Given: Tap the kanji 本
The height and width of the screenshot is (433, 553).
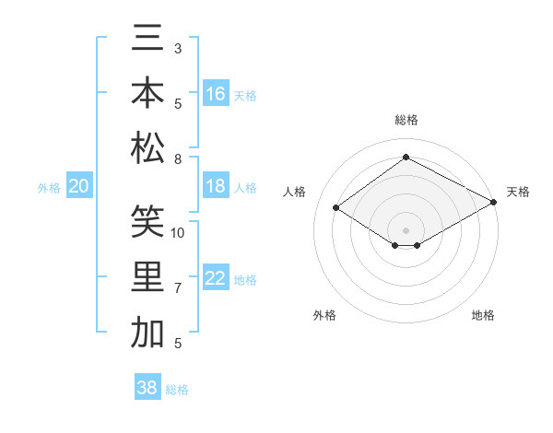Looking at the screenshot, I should pyautogui.click(x=147, y=94).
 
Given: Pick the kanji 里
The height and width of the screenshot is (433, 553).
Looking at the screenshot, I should pyautogui.click(x=147, y=277).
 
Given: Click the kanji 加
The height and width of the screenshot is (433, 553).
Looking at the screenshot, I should pyautogui.click(x=147, y=332).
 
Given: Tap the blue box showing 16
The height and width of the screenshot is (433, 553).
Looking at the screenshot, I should pyautogui.click(x=216, y=94).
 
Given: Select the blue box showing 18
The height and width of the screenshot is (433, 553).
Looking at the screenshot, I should pyautogui.click(x=216, y=186).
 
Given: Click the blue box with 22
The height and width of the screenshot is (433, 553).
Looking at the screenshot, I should pyautogui.click(x=216, y=279).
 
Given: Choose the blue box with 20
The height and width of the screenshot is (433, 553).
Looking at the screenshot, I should pyautogui.click(x=79, y=187).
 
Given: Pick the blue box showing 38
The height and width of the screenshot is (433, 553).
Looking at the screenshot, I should pyautogui.click(x=147, y=388).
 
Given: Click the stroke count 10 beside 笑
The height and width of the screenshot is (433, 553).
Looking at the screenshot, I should pyautogui.click(x=178, y=232).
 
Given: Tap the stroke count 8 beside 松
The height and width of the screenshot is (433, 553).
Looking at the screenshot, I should pyautogui.click(x=178, y=159).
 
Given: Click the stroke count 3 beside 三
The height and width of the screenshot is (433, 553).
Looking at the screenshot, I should pyautogui.click(x=178, y=47).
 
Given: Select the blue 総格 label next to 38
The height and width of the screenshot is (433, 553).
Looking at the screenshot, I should pyautogui.click(x=178, y=390).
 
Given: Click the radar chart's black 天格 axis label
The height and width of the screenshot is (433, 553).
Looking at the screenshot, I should pyautogui.click(x=518, y=192).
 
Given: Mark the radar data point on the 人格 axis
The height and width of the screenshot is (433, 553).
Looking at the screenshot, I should pyautogui.click(x=336, y=208).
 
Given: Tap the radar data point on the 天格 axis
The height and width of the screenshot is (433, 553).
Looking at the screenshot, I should pyautogui.click(x=494, y=202).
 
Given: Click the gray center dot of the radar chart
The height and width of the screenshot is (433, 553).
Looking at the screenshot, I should pyautogui.click(x=406, y=228).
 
